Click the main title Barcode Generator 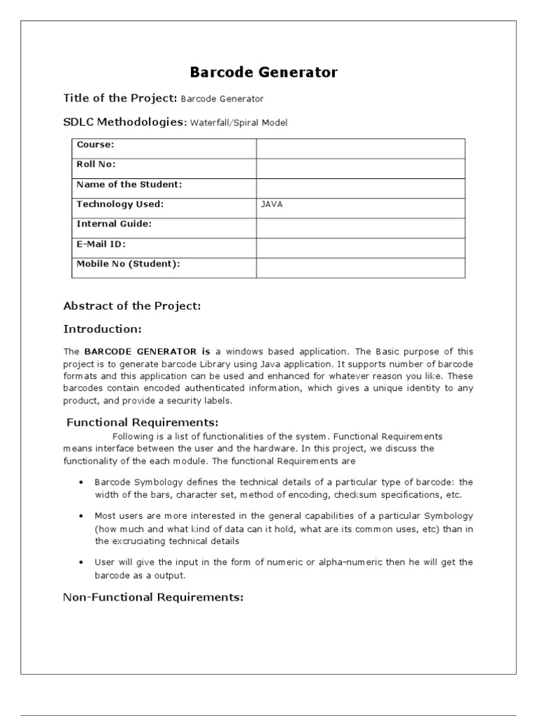click(x=264, y=72)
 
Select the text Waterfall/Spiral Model click(x=238, y=123)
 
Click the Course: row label click(x=95, y=145)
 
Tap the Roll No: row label click(x=96, y=164)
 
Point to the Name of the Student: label click(x=129, y=185)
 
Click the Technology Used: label click(x=120, y=204)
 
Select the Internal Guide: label click(x=114, y=224)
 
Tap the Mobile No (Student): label click(x=128, y=264)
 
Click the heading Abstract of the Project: click(x=132, y=306)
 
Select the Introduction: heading click(x=103, y=329)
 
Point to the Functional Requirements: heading click(x=143, y=422)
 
